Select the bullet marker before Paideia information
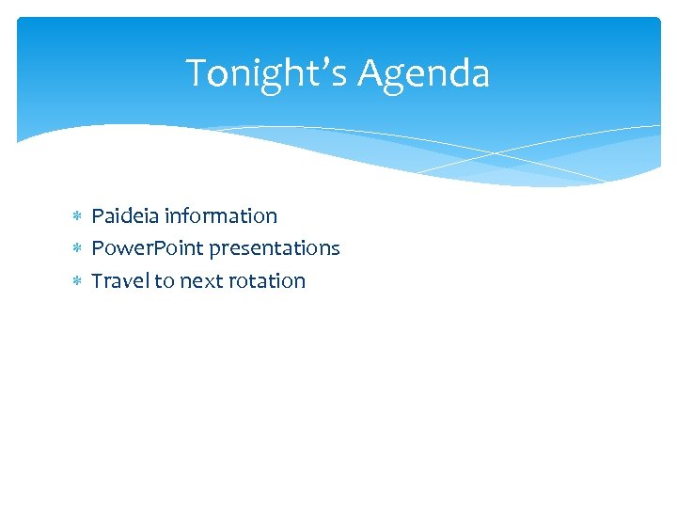point(77,217)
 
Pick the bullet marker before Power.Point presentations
point(77,249)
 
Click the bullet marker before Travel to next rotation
point(77,281)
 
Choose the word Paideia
point(125,216)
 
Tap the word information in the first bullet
point(221,216)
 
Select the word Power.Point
point(148,248)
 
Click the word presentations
point(275,248)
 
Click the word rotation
point(266,280)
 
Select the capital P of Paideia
point(97,216)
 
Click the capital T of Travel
point(96,280)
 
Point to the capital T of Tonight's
point(195,73)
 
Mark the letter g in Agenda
point(400,77)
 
